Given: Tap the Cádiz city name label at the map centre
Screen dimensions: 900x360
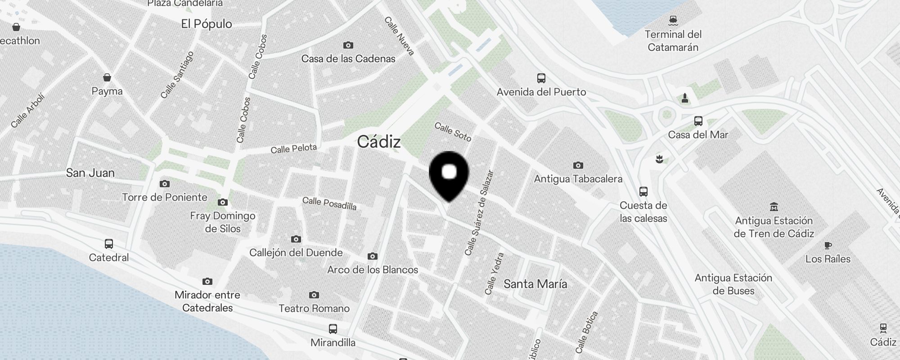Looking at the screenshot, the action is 378,142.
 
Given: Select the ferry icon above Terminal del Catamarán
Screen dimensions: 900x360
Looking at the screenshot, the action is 673,20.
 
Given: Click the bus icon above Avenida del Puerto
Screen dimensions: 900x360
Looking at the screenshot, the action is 541,78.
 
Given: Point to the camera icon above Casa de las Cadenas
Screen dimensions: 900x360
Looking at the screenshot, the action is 348,45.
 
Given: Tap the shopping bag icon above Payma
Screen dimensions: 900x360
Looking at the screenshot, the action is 107,77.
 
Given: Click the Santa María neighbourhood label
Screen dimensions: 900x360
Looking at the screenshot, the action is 535,284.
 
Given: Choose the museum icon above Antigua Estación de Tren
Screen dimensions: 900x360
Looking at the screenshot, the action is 774,207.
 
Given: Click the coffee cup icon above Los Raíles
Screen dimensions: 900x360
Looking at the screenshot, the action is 828,245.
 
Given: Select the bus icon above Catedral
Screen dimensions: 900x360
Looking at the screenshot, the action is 109,244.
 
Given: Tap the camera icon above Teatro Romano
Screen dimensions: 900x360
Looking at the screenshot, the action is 314,295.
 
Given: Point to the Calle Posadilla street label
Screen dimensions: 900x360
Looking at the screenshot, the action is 329,203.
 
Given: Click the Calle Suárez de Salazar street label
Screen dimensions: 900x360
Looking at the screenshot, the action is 480,213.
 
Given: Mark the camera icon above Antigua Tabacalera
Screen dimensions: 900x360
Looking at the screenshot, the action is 578,165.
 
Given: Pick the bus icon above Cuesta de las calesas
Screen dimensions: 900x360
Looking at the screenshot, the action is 643,192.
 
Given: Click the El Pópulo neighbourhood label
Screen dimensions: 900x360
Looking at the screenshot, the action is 207,24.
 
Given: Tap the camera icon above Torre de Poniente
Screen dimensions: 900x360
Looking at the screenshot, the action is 165,184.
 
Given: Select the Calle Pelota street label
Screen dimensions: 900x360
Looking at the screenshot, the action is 293,148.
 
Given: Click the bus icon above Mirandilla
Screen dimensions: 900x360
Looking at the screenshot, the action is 333,329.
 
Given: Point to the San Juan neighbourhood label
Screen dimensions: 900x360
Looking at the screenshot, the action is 90,173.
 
